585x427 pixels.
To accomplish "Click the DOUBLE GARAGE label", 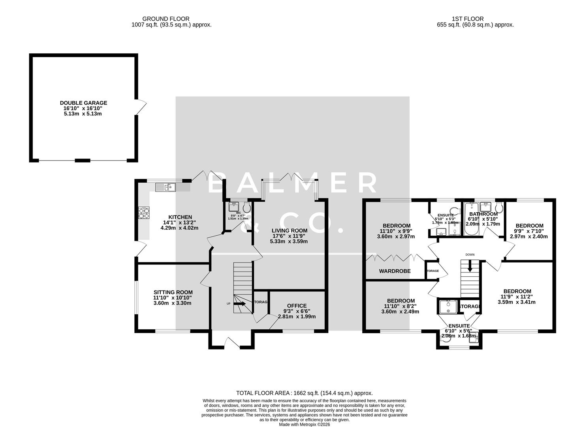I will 83,103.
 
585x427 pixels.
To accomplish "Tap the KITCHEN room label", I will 180,217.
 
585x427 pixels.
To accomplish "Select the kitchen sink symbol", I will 165,187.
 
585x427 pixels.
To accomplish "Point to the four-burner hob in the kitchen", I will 144,213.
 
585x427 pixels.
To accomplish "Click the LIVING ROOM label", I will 289,231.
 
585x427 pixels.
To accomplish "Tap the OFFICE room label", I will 297,306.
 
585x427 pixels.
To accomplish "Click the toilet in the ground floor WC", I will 247,207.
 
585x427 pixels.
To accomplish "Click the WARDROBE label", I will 395,271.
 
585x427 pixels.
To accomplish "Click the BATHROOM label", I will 483,214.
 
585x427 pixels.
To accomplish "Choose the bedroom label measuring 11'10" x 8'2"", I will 401,301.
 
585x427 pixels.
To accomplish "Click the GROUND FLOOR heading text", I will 166,19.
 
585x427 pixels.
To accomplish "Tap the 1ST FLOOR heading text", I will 468,19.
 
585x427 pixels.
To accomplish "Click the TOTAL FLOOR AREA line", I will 304,393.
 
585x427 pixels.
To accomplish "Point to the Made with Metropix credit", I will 304,424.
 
